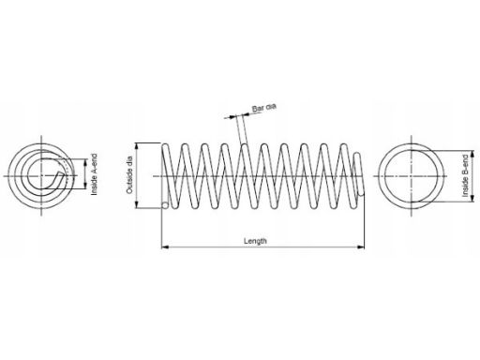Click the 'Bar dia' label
point(264,108)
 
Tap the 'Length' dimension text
point(255,241)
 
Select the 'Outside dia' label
point(129,175)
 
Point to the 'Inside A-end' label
point(94,174)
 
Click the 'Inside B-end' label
point(466,175)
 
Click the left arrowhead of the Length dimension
point(165,247)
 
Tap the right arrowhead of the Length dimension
point(361,247)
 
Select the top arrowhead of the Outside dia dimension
point(137,146)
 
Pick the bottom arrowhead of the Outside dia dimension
point(137,204)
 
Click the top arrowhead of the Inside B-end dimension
point(472,155)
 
